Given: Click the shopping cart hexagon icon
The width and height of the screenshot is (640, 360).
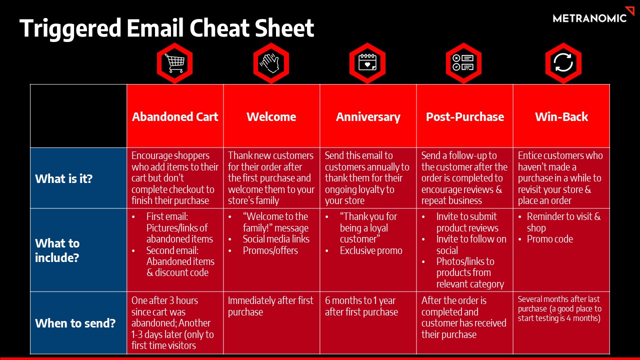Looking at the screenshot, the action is click(x=174, y=63).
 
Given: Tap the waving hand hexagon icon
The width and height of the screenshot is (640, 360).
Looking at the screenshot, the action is click(x=271, y=63).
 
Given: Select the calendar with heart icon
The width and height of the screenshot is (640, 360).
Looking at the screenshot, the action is click(x=367, y=63).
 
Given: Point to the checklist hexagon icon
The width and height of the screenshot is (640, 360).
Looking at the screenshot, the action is click(x=463, y=63).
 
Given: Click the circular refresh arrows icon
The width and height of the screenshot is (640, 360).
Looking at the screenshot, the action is click(x=563, y=63).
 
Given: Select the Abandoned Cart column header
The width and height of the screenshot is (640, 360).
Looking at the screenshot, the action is click(x=175, y=117).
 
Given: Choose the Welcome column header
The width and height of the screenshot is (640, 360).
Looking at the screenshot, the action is click(x=271, y=117).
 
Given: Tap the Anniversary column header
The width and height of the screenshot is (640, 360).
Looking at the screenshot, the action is click(x=368, y=117).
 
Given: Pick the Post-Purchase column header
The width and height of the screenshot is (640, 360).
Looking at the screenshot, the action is click(x=465, y=117).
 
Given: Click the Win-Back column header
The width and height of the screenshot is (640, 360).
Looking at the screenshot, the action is click(x=561, y=117).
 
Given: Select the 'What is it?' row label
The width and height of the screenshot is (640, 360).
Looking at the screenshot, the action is click(x=63, y=178).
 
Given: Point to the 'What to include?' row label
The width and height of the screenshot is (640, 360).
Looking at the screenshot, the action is click(x=57, y=250).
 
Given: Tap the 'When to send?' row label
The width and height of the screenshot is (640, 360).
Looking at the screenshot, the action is click(x=75, y=323).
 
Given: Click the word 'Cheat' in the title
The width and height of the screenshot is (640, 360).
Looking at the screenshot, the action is click(x=219, y=27).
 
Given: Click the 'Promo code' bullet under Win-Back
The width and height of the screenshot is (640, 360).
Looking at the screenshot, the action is click(x=549, y=239).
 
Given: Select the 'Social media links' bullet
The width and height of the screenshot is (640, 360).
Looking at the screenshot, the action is click(x=276, y=239).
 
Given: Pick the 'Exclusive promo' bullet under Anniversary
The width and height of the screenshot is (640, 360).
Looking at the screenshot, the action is click(x=371, y=250).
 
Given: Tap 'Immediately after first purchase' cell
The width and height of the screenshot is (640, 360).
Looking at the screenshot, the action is click(x=270, y=306).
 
